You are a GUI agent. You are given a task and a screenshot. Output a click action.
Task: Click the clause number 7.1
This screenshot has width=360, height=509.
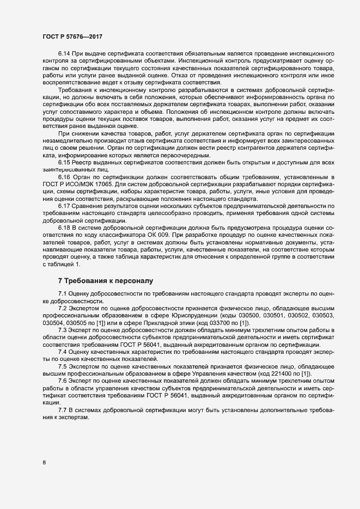[x=64, y=295]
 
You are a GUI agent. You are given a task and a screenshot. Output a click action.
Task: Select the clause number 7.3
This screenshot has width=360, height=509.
[x=64, y=330]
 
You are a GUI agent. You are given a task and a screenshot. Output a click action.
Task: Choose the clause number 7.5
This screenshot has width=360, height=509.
[x=64, y=366]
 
